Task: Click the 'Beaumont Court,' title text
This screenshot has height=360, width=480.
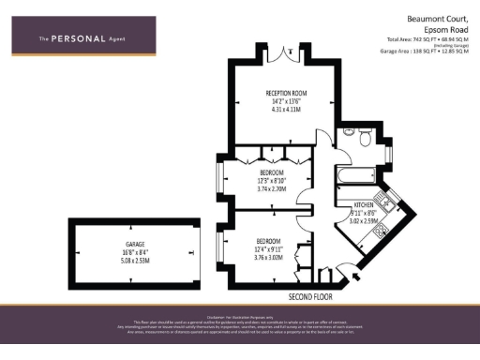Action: (434, 18)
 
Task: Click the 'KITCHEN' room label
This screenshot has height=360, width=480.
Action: (364, 204)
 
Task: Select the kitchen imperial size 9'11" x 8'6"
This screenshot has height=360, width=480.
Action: (364, 214)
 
